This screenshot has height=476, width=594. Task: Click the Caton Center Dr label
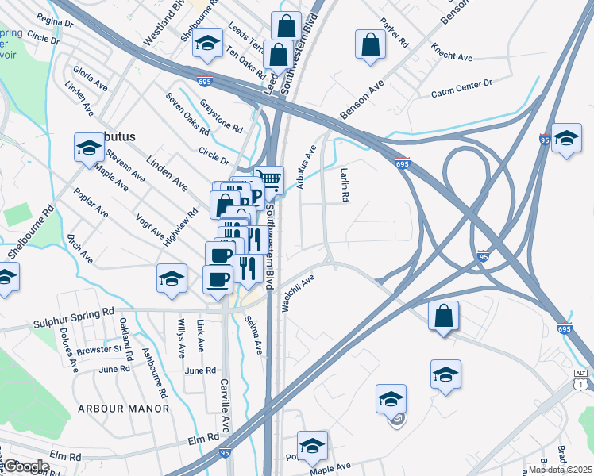(x=461, y=94)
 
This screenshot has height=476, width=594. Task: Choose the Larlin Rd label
(x=345, y=183)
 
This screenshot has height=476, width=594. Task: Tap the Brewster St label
(x=100, y=349)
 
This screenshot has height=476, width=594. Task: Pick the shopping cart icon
(x=270, y=180)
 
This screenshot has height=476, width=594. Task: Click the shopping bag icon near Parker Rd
(x=371, y=44)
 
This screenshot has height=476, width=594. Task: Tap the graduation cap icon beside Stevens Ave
(x=89, y=147)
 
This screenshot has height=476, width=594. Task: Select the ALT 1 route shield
(x=581, y=379)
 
